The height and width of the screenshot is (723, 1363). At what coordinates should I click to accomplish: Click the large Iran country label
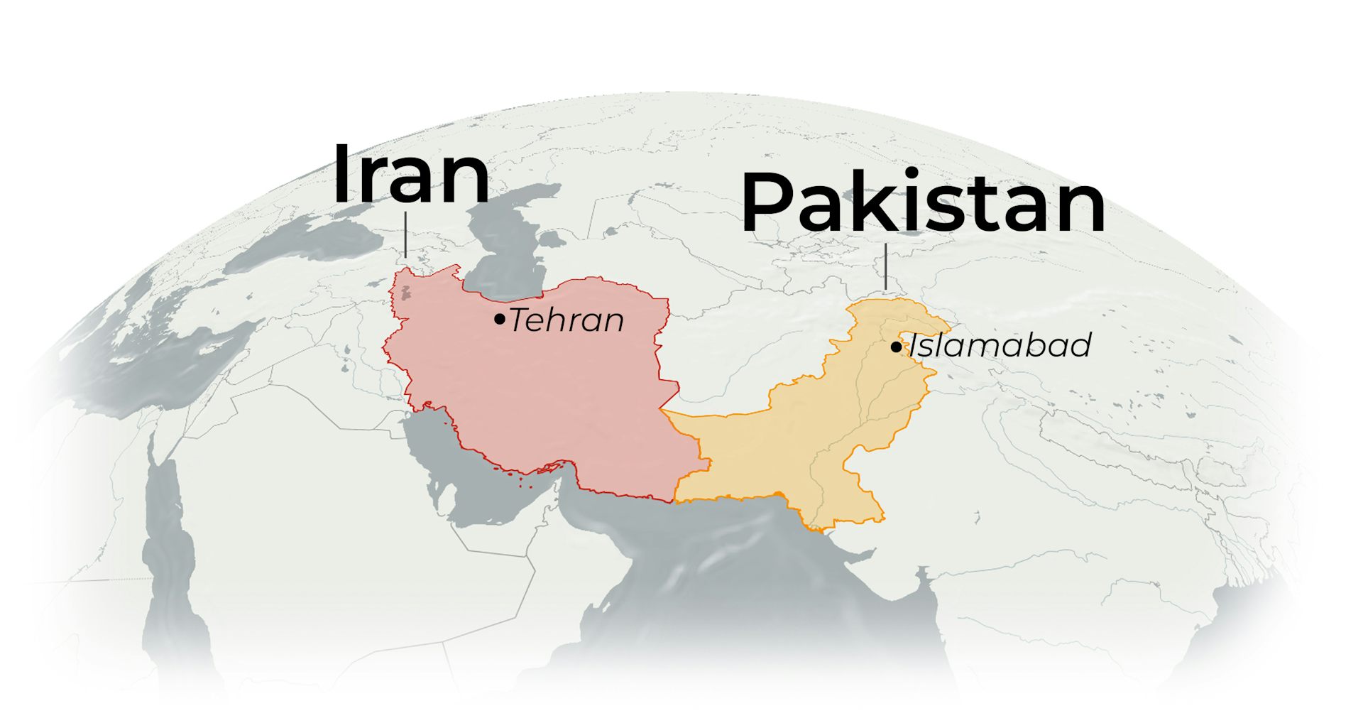pos(411,175)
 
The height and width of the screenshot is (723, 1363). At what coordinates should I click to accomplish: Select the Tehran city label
pos(566,320)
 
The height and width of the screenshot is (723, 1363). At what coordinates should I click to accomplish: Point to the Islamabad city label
pos(1000,346)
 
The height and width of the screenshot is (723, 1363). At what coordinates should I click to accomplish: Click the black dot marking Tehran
pos(500,320)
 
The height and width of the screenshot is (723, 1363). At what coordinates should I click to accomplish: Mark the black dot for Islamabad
pos(896,347)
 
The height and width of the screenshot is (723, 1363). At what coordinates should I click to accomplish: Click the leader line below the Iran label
pos(405,234)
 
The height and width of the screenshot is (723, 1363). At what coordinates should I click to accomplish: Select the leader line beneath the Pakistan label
pos(886,266)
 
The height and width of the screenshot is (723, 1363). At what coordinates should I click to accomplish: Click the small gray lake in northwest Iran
pos(406,291)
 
